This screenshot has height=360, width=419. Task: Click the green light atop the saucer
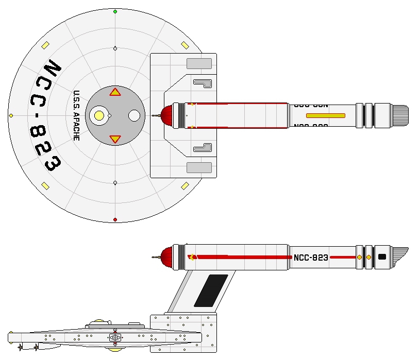click(x=115, y=11)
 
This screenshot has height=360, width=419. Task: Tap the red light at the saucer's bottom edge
click(x=115, y=220)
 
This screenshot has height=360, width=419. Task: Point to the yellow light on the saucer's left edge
click(x=11, y=116)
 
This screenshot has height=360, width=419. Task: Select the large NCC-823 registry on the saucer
click(x=45, y=116)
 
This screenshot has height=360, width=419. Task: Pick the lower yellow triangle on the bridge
click(x=115, y=139)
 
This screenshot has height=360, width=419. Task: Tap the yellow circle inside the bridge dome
click(x=99, y=116)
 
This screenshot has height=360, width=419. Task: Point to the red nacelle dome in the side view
click(x=166, y=257)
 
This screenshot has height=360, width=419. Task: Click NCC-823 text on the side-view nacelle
click(x=310, y=258)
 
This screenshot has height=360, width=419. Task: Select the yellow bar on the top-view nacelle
click(x=325, y=115)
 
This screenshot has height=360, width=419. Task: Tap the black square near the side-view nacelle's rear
click(x=382, y=256)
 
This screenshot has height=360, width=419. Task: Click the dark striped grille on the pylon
click(x=210, y=291)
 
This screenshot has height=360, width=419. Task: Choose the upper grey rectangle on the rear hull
click(x=199, y=64)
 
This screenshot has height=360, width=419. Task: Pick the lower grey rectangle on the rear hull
click(x=199, y=167)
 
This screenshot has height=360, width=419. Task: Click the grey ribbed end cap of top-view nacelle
click(x=400, y=115)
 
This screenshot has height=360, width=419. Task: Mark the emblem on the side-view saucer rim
click(x=115, y=338)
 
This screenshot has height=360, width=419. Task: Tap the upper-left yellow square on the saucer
click(x=45, y=45)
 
